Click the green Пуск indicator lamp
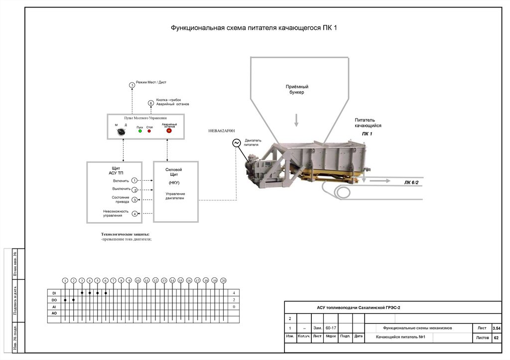click(140, 131)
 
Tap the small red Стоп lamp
click(149, 131)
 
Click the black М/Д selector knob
click(120, 132)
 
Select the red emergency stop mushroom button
click(169, 131)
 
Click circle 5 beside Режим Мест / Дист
click(132, 85)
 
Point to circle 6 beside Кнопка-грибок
click(151, 103)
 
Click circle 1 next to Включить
click(134, 180)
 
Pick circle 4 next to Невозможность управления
click(134, 214)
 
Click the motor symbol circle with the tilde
click(236, 143)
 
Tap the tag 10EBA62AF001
click(222, 131)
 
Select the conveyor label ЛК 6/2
click(411, 183)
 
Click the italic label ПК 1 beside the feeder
click(367, 134)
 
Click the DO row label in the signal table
click(54, 300)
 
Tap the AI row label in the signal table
click(54, 307)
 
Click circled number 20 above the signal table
click(223, 281)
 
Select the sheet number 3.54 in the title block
click(496, 329)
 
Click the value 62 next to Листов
click(496, 338)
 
